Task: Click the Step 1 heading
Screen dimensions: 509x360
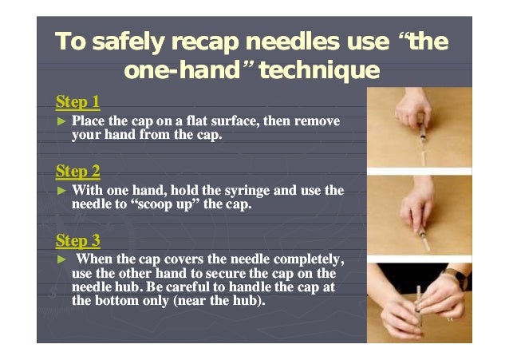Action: click(77, 102)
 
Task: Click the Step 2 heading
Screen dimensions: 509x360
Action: click(77, 172)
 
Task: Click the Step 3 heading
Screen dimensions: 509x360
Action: click(77, 241)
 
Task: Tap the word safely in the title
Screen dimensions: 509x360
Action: click(128, 42)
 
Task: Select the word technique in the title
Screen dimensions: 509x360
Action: click(319, 71)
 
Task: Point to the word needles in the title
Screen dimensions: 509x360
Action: click(293, 42)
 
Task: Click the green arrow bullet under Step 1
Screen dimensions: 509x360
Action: click(61, 121)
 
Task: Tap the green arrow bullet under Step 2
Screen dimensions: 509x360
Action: click(61, 191)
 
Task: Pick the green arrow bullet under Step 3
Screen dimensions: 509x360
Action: click(61, 259)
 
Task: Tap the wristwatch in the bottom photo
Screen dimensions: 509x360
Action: click(457, 277)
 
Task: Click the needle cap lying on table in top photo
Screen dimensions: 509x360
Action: click(423, 158)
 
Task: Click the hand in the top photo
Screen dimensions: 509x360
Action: click(412, 109)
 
